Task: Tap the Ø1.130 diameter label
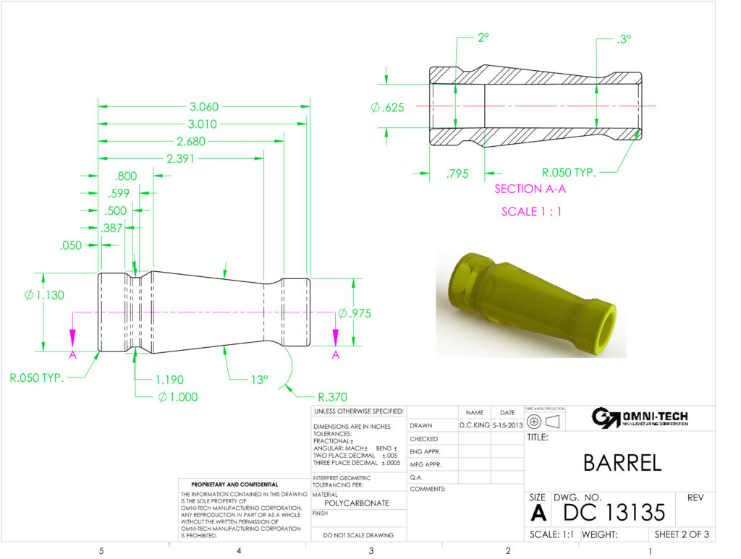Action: point(41,294)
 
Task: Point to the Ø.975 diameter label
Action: point(356,313)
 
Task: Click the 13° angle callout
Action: point(259,379)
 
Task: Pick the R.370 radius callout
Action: point(334,397)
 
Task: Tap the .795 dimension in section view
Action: point(457,174)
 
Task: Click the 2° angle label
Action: point(483,38)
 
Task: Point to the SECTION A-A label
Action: point(530,189)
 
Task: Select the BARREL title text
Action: point(622,463)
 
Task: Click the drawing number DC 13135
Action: point(613,512)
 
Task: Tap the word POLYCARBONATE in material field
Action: point(357,503)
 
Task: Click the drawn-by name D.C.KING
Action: point(474,425)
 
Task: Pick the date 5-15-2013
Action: point(507,425)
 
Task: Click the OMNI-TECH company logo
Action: point(640,418)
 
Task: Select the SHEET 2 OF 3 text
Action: point(681,535)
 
